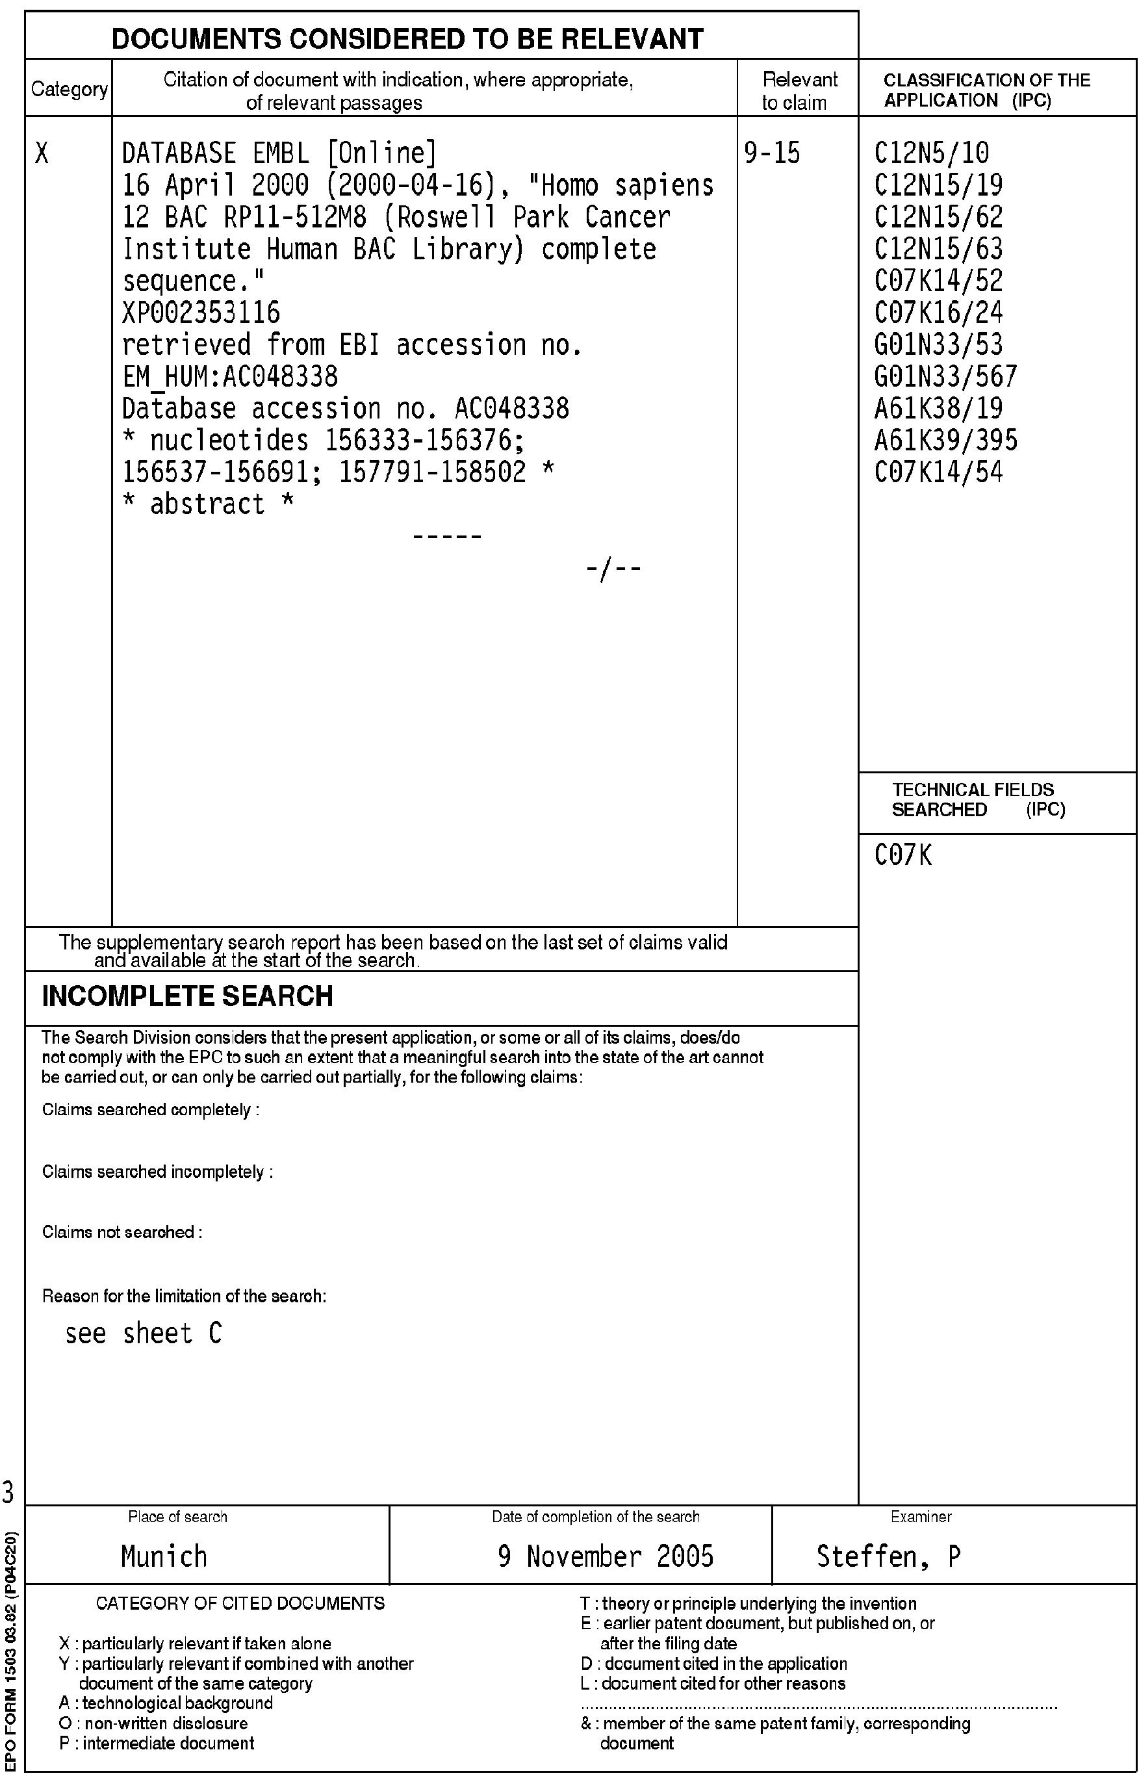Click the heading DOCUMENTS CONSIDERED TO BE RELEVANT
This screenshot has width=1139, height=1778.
pos(407,38)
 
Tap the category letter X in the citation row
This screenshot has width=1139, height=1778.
pos(42,154)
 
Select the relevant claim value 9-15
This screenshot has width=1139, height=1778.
pos(771,153)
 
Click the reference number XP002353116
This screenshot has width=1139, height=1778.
pos(201,313)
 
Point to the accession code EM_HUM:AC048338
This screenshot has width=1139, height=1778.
pos(230,376)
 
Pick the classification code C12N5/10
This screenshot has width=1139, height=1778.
pos(931,153)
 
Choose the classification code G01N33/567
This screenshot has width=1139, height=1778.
pos(946,376)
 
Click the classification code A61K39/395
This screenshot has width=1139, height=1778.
pos(946,440)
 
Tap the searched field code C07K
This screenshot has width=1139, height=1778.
pos(903,856)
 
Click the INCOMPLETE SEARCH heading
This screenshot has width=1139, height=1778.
pos(187,996)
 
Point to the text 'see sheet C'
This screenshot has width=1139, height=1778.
pos(144,1333)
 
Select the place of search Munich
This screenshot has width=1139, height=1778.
pos(164,1556)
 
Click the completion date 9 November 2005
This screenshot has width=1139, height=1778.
pos(605,1556)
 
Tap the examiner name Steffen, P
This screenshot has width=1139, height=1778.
pos(888,1556)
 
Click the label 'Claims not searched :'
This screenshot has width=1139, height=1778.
pos(122,1232)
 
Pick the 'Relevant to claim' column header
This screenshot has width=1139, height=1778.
pos(798,91)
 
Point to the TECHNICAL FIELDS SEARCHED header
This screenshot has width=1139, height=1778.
pos(978,799)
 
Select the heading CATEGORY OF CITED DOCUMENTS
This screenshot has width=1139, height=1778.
pos(240,1603)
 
